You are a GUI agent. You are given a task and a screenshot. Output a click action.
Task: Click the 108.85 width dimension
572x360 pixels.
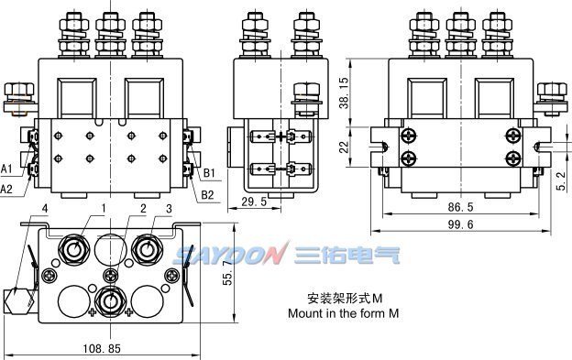tap(102, 349)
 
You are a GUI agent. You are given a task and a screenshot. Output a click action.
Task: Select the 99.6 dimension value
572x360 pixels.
tap(460, 224)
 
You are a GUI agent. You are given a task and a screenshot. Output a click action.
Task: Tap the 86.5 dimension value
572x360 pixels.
tap(460, 207)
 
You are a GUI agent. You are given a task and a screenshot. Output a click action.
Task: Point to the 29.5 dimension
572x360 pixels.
tap(254, 202)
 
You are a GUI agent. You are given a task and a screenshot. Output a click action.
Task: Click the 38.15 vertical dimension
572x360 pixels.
tap(344, 93)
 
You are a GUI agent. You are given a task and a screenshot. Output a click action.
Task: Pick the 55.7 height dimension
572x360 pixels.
tap(227, 273)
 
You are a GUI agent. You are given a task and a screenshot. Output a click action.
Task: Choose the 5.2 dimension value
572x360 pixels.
tap(562, 181)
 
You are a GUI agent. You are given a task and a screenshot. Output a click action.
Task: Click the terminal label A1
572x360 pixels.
tap(6, 169)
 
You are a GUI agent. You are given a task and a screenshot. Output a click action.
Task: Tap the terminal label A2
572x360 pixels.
tap(6, 189)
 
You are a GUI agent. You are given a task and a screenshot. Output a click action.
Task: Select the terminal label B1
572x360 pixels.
tap(209, 173)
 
